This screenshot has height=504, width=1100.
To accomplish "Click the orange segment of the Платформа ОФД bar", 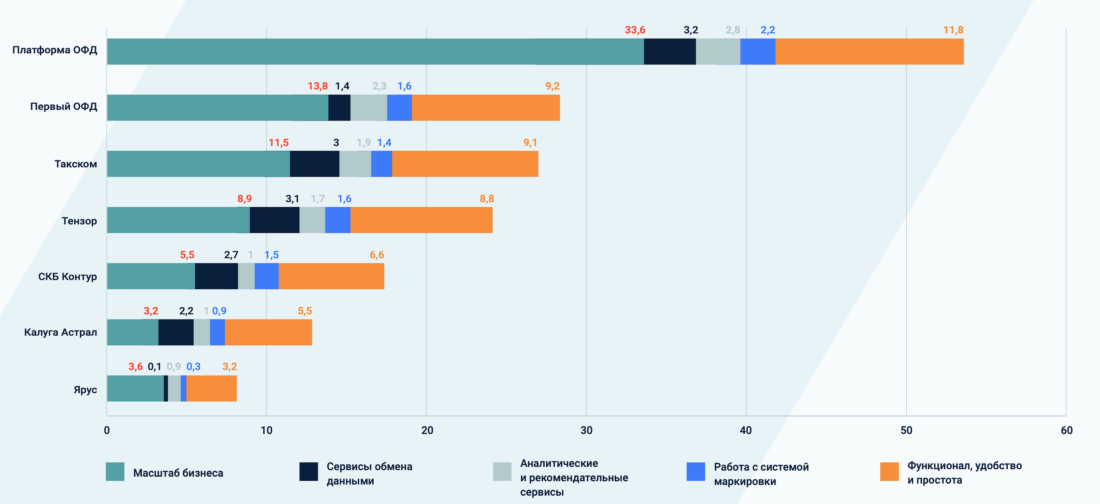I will (x=869, y=51).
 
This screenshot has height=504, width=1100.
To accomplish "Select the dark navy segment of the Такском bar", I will (x=314, y=164).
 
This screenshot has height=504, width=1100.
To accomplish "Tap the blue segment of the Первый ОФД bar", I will (x=399, y=108).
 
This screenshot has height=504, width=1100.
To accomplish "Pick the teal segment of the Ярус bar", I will (x=135, y=389).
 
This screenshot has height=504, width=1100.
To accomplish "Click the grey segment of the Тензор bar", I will (x=312, y=220).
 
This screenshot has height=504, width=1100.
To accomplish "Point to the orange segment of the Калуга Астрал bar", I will (x=268, y=332).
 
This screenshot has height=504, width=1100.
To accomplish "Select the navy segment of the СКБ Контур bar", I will (x=216, y=276).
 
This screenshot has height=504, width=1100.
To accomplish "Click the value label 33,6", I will (x=635, y=30).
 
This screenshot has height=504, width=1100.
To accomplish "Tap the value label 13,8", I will (x=318, y=86).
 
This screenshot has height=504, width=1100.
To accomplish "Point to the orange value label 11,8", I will (x=953, y=30).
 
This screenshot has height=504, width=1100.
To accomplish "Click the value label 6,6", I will (x=376, y=255).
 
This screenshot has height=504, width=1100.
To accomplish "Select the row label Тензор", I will (x=79, y=221).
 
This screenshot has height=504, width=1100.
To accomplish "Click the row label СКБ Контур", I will (x=68, y=277).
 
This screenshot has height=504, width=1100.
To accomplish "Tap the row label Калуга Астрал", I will (x=61, y=332).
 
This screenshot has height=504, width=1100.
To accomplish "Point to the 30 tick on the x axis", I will (x=586, y=430).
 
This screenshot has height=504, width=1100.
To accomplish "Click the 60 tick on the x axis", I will (x=1066, y=430).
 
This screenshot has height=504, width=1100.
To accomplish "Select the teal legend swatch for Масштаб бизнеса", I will (x=115, y=472).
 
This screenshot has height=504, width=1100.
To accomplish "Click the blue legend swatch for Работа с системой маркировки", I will (x=695, y=472).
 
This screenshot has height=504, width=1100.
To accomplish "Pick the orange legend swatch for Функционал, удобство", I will (x=889, y=472).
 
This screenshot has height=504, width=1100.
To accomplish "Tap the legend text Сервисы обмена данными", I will (x=369, y=473).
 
